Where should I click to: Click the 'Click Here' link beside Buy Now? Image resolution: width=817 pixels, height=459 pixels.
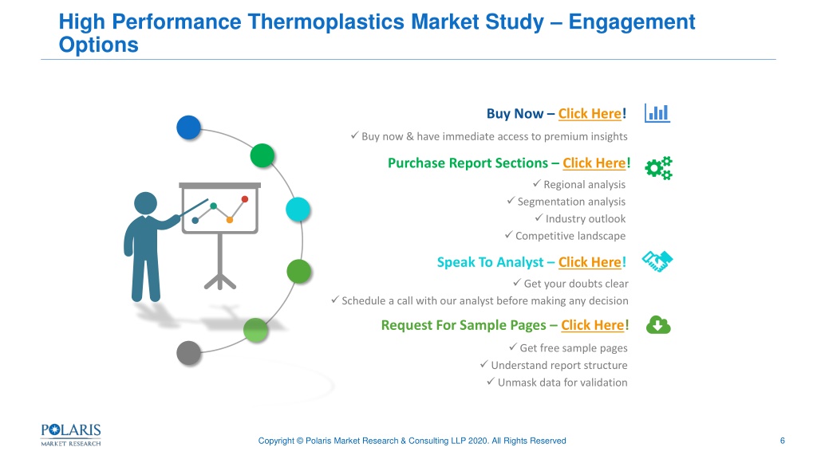coord(590,113)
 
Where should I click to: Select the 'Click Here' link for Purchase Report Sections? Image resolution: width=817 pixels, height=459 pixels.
coord(594,163)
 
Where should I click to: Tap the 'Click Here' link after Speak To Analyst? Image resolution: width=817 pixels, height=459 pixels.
coord(590,262)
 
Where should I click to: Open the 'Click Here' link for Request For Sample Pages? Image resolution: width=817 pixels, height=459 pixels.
coord(593,325)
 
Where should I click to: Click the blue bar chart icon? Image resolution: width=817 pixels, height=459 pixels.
coord(657,113)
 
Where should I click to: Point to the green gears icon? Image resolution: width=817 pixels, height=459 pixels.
coord(658,168)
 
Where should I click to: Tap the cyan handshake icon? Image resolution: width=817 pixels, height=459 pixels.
coord(657,261)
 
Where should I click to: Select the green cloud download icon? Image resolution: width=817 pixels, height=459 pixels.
coord(658,325)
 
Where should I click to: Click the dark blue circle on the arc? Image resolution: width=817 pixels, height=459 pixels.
coord(188,127)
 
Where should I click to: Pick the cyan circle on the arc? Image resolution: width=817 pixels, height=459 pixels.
coord(298,210)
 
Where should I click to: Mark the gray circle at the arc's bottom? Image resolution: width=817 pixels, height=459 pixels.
coord(188,353)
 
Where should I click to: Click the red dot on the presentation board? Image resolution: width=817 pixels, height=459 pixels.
coord(245,198)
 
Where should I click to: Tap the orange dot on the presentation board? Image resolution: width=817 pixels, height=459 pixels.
coord(229,220)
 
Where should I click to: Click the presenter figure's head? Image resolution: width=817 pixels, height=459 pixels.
coord(145,203)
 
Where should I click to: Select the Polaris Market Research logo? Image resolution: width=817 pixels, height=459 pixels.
coord(71,435)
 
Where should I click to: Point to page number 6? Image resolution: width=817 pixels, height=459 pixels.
coord(782,441)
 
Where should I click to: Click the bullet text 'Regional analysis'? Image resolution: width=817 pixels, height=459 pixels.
coord(584,185)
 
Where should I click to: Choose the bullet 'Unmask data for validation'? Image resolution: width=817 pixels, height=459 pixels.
coord(562,382)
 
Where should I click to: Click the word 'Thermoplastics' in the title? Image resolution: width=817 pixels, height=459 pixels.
coord(326,22)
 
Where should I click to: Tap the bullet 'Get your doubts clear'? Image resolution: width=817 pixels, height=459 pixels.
coord(576,284)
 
